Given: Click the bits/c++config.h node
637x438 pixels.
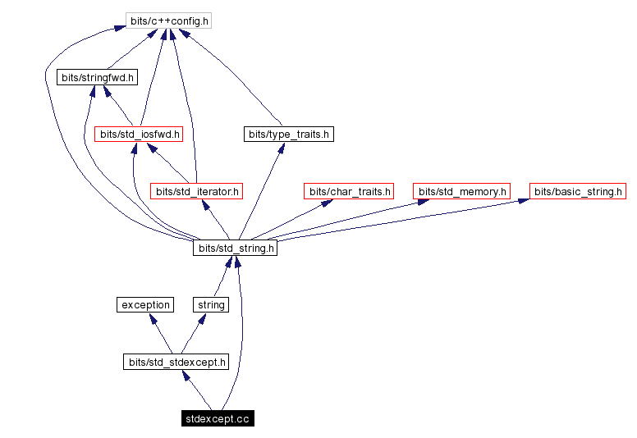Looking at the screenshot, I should [x=168, y=21].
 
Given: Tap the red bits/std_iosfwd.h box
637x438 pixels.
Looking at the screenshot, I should [x=139, y=134].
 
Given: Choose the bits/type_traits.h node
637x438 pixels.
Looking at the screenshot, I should [x=289, y=134].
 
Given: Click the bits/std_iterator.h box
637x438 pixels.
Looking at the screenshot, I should [x=196, y=191].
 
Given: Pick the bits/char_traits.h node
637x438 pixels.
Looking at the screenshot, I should [x=349, y=191].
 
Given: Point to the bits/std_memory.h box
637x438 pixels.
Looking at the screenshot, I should [x=461, y=191].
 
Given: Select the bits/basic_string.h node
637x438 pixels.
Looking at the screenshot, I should [x=578, y=191].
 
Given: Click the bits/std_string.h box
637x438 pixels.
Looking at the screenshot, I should [x=235, y=248].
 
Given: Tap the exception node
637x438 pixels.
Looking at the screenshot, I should [x=145, y=304].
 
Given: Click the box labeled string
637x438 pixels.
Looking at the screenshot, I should [x=211, y=304].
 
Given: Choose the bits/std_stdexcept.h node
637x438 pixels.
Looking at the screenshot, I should [x=176, y=362].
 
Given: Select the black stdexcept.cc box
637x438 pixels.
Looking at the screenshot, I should [x=218, y=419].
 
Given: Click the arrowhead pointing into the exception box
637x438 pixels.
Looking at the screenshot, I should [x=153, y=318].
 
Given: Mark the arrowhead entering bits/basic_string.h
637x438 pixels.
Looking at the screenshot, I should [x=524, y=202].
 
